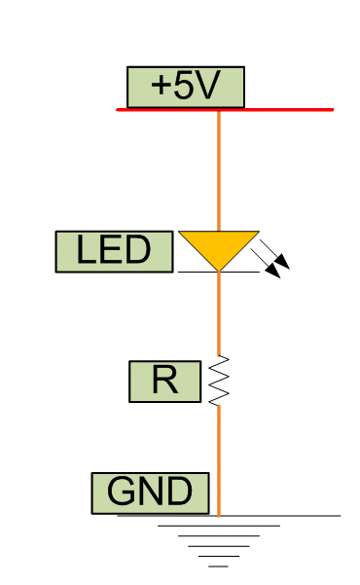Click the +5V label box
click(185, 87)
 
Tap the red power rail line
click(282, 110)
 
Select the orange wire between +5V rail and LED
click(218, 170)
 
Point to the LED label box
click(114, 251)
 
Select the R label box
click(164, 381)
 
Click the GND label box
click(150, 493)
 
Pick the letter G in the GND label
click(121, 493)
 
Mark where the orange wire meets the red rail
click(218, 110)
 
